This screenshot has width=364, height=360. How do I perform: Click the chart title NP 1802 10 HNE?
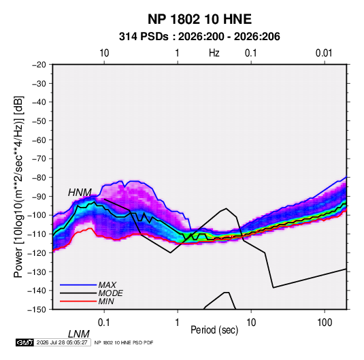pos(199,19)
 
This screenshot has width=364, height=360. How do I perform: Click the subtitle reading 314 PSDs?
pos(144,37)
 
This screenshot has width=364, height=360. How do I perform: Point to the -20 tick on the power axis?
pos(39,65)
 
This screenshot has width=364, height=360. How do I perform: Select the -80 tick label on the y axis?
pos(39,178)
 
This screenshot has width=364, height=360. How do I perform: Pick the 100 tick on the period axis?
pos(325,323)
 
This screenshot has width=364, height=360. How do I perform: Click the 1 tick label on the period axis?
pos(178,323)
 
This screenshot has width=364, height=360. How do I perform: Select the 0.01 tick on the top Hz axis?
pos(324,53)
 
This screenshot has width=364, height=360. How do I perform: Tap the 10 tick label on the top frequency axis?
pos(104,53)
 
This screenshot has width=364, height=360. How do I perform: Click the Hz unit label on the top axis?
pos(214,53)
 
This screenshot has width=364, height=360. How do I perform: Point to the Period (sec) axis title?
pos(214,330)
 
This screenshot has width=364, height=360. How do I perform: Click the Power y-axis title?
pos(18,187)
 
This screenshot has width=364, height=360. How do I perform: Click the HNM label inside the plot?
pos(80,193)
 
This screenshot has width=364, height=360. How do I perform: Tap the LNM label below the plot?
pos(79,334)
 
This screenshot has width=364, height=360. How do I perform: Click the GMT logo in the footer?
pos(25,342)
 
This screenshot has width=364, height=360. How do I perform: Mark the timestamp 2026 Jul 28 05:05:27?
pos(62,342)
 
